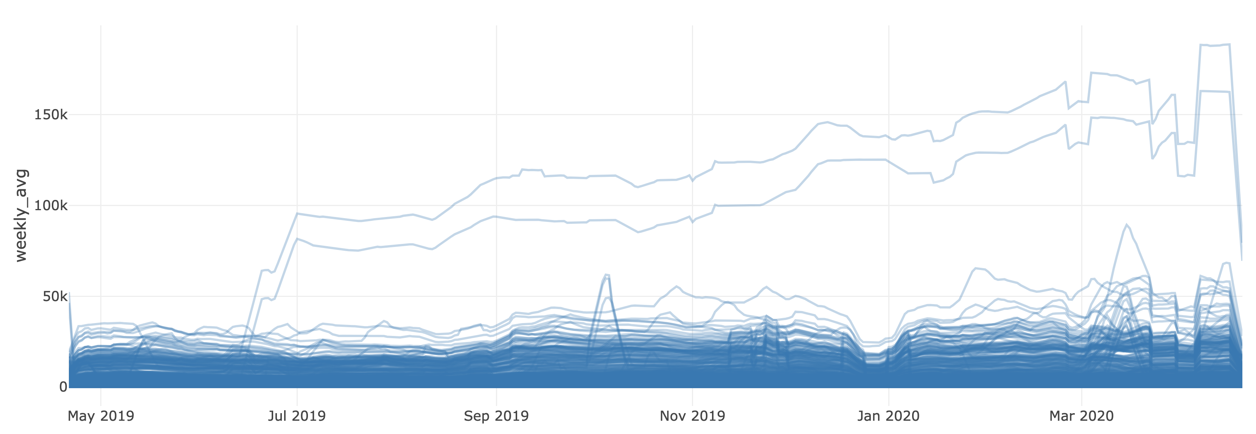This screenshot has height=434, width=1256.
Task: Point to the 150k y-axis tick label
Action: (x=51, y=115)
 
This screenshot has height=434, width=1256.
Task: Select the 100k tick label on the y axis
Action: (x=51, y=206)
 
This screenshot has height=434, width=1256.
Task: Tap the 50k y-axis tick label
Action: (x=54, y=296)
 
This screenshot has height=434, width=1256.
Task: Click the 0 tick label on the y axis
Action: (x=63, y=387)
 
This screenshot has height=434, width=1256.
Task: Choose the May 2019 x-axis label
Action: (x=100, y=416)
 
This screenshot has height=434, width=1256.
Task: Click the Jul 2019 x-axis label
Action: (x=297, y=416)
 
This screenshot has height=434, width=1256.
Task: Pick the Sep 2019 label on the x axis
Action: (x=496, y=416)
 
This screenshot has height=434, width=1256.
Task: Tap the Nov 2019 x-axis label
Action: (x=692, y=416)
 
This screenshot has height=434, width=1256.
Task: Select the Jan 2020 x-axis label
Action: (x=888, y=416)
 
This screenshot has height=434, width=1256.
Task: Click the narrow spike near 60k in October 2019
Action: (x=606, y=275)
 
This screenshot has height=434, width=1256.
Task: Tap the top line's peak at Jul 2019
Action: (x=297, y=213)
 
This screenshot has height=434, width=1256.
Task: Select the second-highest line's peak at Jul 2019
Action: (x=297, y=238)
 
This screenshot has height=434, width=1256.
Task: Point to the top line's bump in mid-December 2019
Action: (x=827, y=123)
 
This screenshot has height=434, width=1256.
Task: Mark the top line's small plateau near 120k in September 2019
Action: (x=532, y=170)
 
